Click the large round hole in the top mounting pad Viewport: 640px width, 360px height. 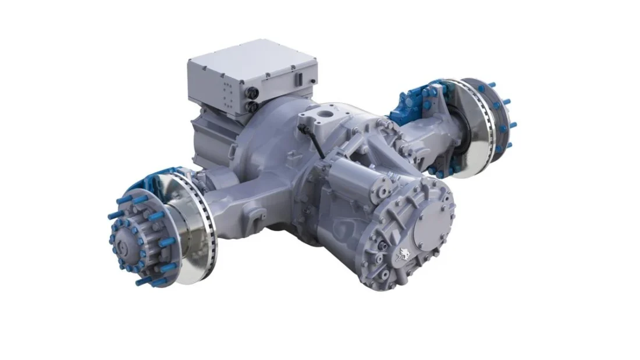pos(323,111)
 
